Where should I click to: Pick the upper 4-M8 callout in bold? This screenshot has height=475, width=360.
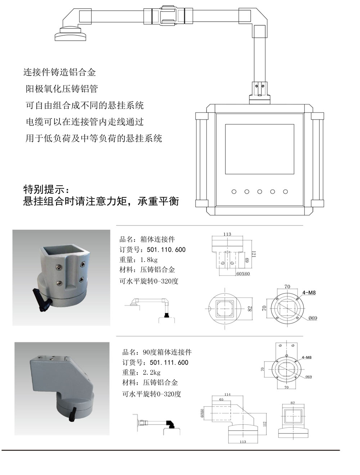[x=309, y=293]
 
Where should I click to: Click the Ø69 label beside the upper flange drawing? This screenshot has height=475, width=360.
[x=313, y=318]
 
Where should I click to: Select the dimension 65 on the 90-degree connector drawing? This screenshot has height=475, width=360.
[x=221, y=399]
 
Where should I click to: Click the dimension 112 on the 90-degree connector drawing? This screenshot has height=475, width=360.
[x=265, y=424]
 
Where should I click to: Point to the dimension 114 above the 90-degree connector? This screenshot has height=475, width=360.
[x=227, y=395]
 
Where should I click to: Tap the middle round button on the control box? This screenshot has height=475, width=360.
[x=260, y=192]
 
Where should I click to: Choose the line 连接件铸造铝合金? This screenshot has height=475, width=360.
[x=60, y=72]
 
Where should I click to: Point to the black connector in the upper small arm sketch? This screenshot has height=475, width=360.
[x=166, y=315]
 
